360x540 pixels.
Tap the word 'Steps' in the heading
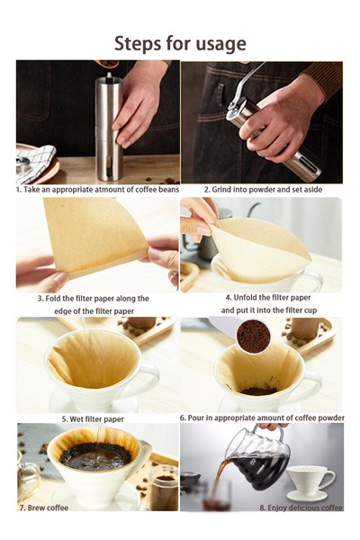[x=138, y=44]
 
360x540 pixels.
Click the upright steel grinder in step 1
[x=109, y=128]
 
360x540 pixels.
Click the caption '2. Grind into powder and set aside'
[x=263, y=189]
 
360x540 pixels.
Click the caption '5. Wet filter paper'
[x=93, y=419]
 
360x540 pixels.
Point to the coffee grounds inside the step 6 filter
[x=258, y=391]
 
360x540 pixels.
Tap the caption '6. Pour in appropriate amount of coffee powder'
[x=262, y=418]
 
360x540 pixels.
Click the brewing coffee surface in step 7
[x=95, y=456]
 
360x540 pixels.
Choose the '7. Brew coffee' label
[x=44, y=508]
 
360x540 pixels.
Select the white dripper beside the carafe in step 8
[x=310, y=482]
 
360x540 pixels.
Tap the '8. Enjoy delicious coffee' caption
[x=301, y=508]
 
